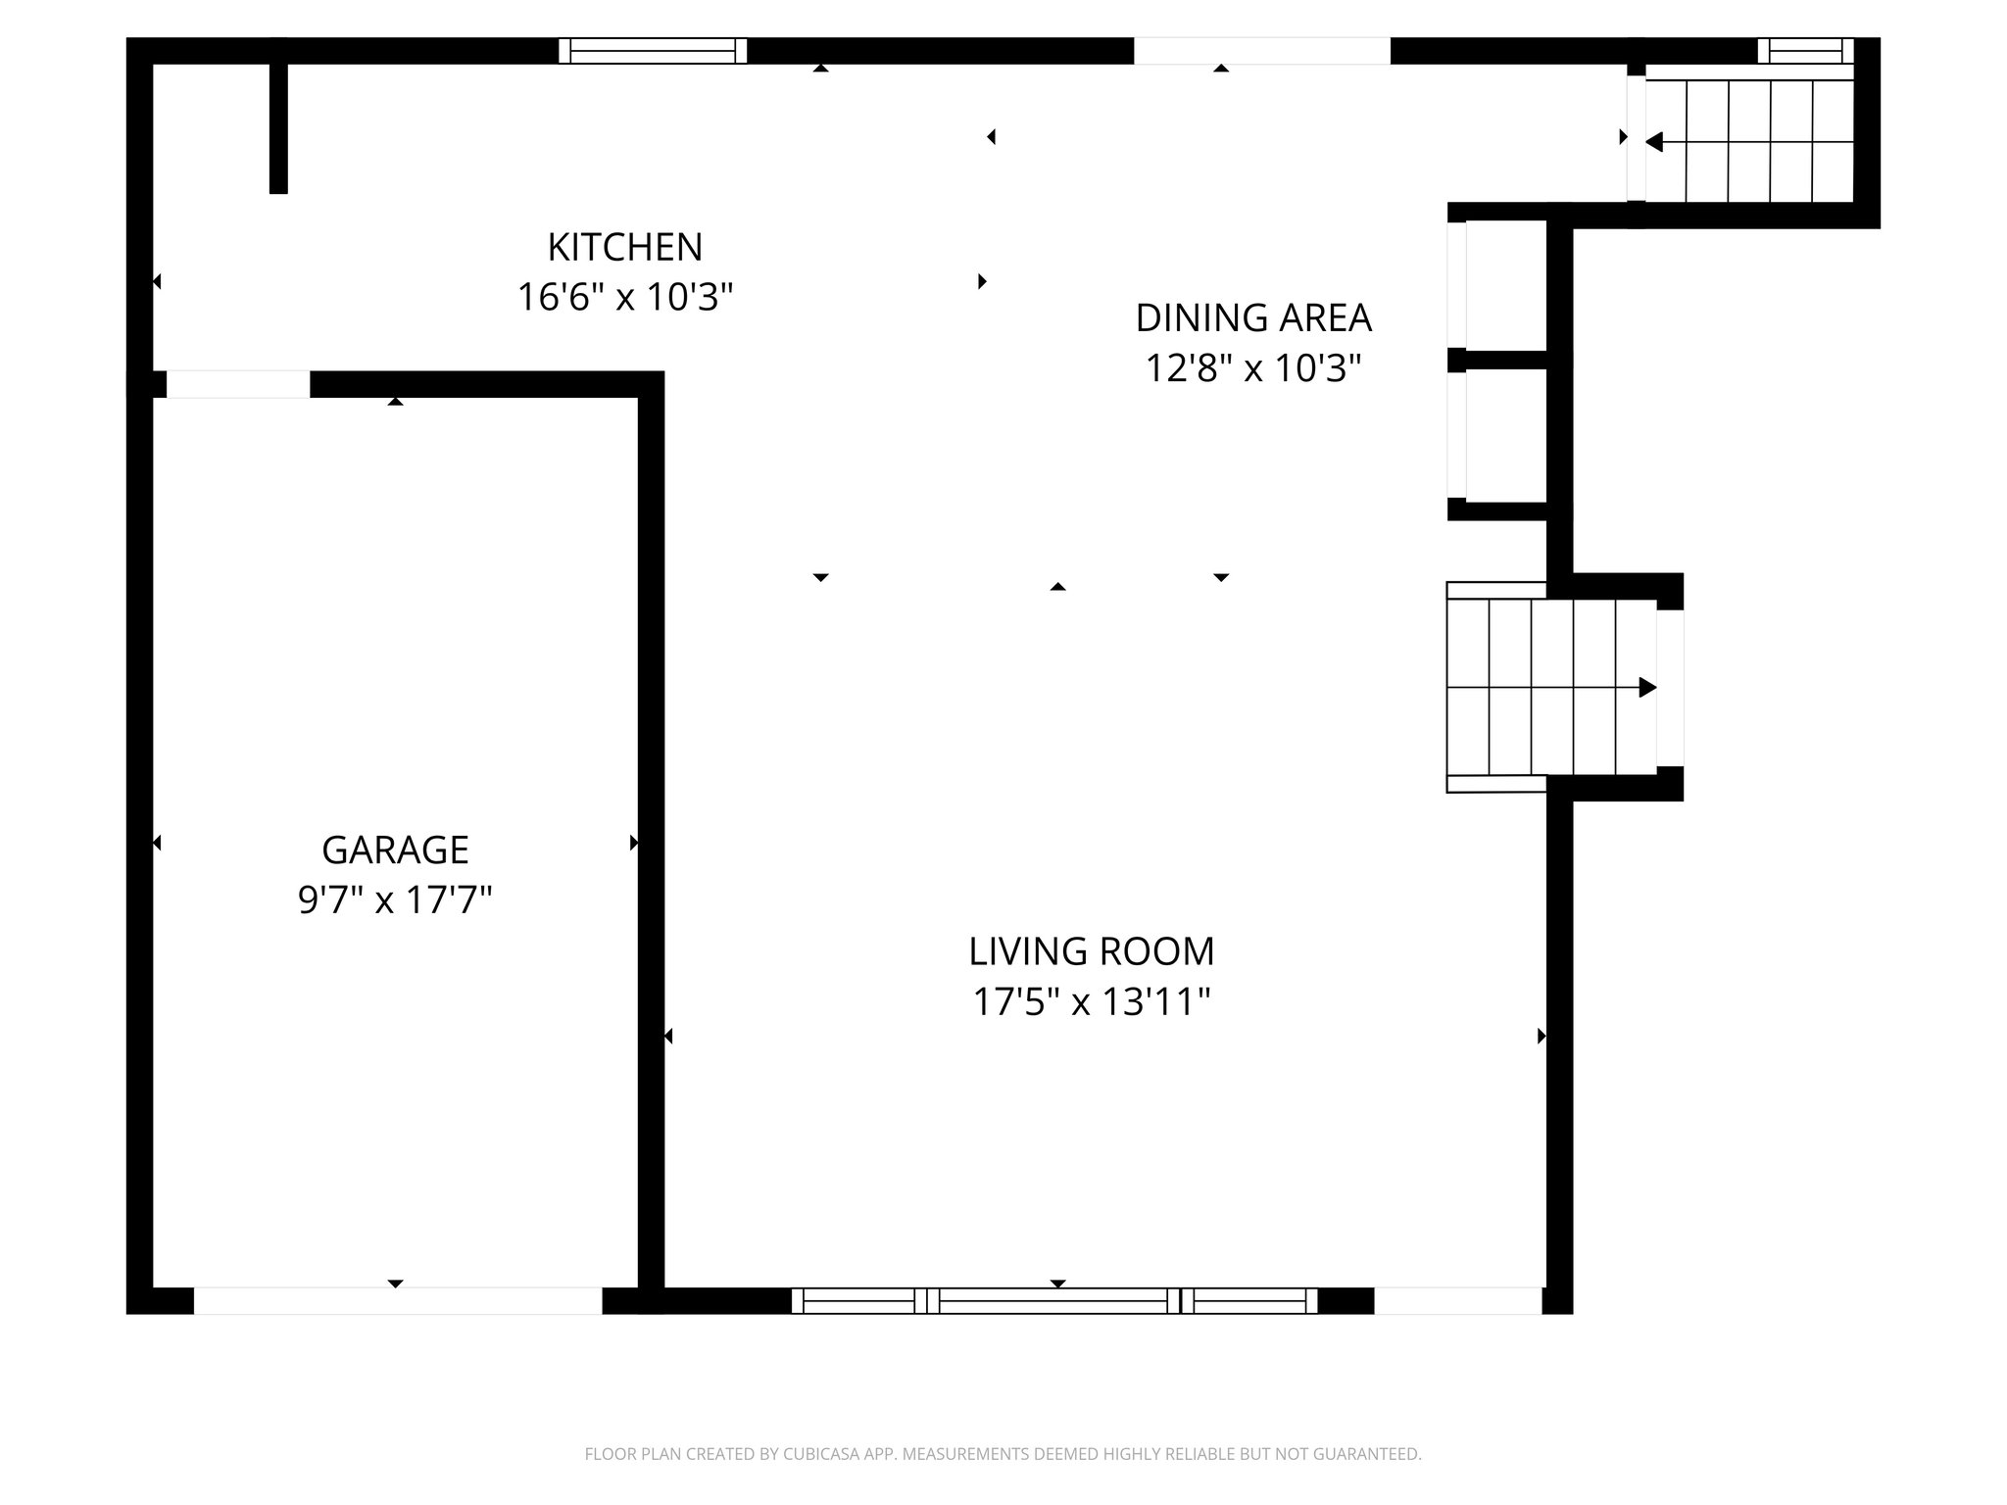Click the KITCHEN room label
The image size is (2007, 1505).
point(624,247)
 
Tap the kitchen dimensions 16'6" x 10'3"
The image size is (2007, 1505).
point(624,296)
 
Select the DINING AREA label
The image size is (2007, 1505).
point(1252,318)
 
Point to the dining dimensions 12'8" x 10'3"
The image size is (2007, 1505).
point(1252,368)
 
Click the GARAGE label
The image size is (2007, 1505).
point(395,850)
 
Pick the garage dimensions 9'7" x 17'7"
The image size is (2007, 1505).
point(395,899)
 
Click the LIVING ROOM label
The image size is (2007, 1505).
point(1091,951)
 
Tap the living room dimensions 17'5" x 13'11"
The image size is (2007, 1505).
point(1091,1002)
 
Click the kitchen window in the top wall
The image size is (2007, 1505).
point(653,51)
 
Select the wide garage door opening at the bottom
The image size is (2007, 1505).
point(397,1300)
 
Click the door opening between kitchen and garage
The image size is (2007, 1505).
point(237,384)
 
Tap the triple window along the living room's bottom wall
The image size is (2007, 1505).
point(1054,1300)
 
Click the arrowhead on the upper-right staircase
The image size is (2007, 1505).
point(1653,142)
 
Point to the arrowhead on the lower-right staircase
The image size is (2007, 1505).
point(1648,688)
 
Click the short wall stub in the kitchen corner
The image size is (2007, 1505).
point(278,127)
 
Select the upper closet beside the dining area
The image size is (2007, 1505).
point(1505,284)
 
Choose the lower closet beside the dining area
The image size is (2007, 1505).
point(1505,435)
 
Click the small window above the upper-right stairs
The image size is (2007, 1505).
point(1804,51)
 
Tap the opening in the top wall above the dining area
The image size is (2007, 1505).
point(1261,51)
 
